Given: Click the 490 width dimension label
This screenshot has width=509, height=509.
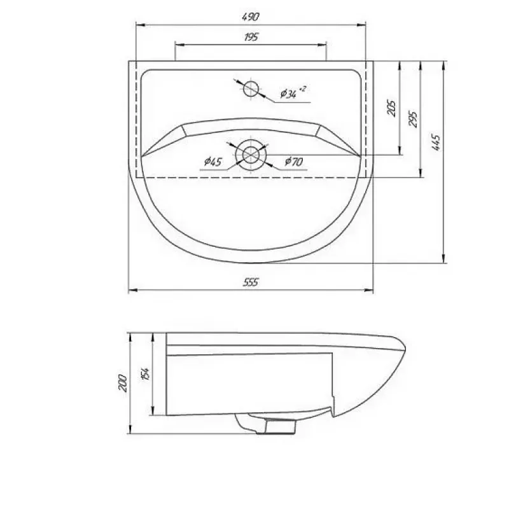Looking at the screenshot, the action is pyautogui.click(x=251, y=17).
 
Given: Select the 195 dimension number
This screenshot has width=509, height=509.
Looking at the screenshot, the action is pyautogui.click(x=251, y=37).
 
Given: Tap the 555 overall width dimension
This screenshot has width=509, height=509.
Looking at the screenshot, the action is pyautogui.click(x=251, y=282).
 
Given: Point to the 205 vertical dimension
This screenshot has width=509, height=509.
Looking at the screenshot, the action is pyautogui.click(x=392, y=108).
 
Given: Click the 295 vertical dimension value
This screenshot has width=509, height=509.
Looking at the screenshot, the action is pyautogui.click(x=413, y=119).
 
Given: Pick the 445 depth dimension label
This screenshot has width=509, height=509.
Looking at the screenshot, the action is pyautogui.click(x=436, y=143).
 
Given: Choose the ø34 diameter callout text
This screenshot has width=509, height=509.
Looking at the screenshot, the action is pyautogui.click(x=293, y=92).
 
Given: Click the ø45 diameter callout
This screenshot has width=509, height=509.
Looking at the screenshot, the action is pyautogui.click(x=213, y=161).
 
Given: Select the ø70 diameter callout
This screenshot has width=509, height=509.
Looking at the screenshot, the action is pyautogui.click(x=294, y=162).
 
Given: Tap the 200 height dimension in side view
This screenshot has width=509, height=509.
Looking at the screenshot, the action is pyautogui.click(x=123, y=383).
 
